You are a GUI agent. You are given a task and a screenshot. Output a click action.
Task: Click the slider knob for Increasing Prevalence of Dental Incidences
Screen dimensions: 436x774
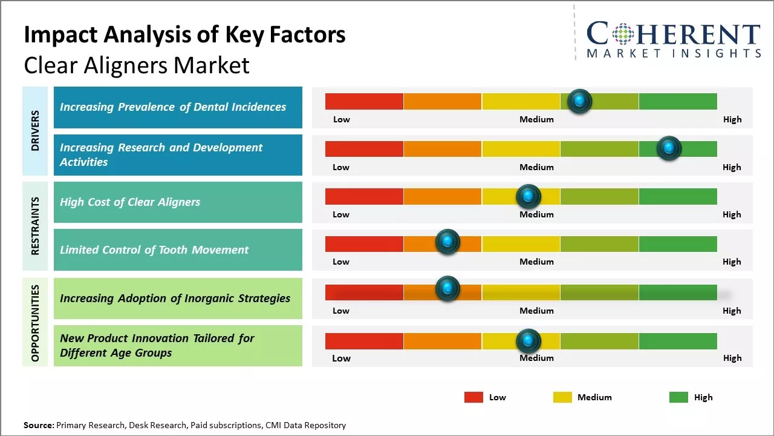pyautogui.click(x=580, y=101)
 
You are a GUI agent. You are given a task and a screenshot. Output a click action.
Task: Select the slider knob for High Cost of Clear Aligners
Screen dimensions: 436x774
pyautogui.click(x=528, y=196)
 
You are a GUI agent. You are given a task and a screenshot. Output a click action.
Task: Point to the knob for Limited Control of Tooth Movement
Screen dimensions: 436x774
pyautogui.click(x=447, y=242)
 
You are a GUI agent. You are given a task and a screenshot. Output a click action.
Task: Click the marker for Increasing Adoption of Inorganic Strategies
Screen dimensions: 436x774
pyautogui.click(x=447, y=289)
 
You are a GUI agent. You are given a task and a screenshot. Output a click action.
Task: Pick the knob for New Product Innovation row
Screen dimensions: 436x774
pyautogui.click(x=528, y=341)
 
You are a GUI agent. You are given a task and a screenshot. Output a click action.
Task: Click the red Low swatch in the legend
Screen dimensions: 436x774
pyautogui.click(x=473, y=397)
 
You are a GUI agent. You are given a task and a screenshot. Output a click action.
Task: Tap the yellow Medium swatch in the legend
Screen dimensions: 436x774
pyautogui.click(x=562, y=397)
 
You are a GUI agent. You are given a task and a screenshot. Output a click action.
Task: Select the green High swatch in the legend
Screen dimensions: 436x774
pyautogui.click(x=678, y=397)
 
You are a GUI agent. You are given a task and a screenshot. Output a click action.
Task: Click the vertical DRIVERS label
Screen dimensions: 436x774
pyautogui.click(x=35, y=130)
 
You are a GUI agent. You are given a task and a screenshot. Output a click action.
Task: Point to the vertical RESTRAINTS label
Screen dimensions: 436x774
pyautogui.click(x=35, y=225)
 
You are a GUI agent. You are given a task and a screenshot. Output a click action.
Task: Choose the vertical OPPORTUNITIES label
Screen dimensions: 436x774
pyautogui.click(x=35, y=323)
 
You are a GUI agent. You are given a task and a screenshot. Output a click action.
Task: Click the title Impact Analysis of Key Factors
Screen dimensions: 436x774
pyautogui.click(x=184, y=35)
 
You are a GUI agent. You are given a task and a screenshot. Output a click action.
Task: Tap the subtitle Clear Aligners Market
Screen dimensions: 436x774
pyautogui.click(x=137, y=65)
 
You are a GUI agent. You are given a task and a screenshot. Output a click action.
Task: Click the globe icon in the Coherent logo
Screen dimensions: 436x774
pyautogui.click(x=623, y=34)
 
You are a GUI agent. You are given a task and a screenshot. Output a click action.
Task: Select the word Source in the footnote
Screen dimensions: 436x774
pyautogui.click(x=38, y=425)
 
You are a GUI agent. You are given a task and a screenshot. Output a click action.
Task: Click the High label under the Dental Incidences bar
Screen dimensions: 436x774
pyautogui.click(x=732, y=119)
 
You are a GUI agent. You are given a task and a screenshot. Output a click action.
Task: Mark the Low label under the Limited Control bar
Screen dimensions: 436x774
pyautogui.click(x=341, y=262)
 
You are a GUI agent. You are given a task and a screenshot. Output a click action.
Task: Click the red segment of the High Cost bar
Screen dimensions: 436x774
pyautogui.click(x=364, y=196)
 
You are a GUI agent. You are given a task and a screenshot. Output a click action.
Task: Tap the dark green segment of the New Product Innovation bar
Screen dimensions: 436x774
pyautogui.click(x=677, y=341)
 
